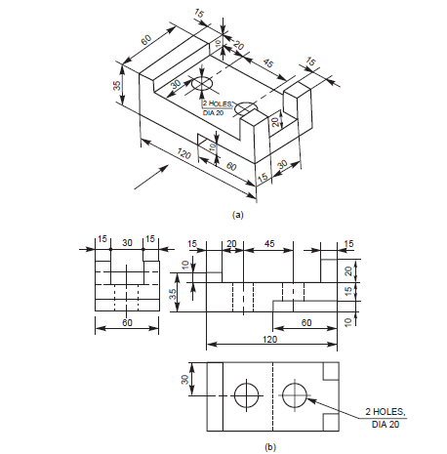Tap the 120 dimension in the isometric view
click(x=182, y=154)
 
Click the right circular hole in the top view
click(x=295, y=395)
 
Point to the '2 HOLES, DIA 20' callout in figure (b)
click(x=386, y=417)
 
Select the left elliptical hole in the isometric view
click(x=202, y=85)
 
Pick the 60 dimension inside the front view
click(x=306, y=321)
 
